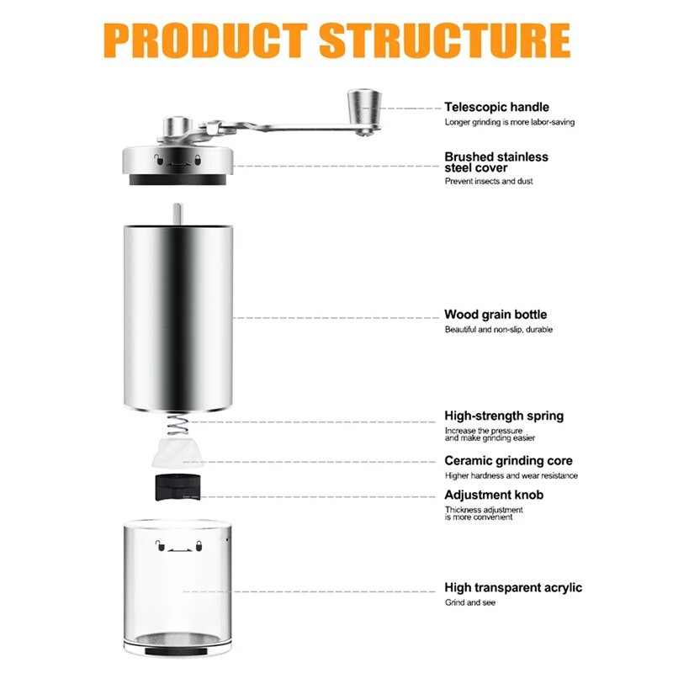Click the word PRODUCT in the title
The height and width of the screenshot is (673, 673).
coord(205,40)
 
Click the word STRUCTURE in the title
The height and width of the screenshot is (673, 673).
coord(445,40)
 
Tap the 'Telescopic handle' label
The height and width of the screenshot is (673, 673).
coord(496,107)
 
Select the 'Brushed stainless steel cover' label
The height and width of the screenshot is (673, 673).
coord(496,162)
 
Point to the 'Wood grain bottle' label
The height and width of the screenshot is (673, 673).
coord(495,315)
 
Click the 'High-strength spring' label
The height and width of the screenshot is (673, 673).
coord(504,416)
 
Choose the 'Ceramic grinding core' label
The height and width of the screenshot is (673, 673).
coord(508,461)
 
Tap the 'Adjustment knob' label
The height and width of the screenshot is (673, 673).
coord(494,495)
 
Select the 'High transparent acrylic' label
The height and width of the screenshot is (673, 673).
coord(513,587)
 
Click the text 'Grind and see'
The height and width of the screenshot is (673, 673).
coord(470,602)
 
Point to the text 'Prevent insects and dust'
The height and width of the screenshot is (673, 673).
coord(489,181)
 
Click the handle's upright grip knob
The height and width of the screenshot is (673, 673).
coord(364,108)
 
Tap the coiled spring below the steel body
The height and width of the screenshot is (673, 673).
coord(178,424)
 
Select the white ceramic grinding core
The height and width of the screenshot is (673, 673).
coord(178,453)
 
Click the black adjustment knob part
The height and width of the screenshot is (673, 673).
coord(178,487)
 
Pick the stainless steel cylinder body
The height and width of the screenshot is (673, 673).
coord(178,318)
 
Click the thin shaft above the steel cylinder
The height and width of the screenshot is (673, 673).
coord(178,214)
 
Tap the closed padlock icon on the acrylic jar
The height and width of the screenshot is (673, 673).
coord(199,546)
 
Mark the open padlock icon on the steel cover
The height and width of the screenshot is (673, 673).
coord(159,160)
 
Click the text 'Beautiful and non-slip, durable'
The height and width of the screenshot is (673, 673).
coord(498,330)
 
